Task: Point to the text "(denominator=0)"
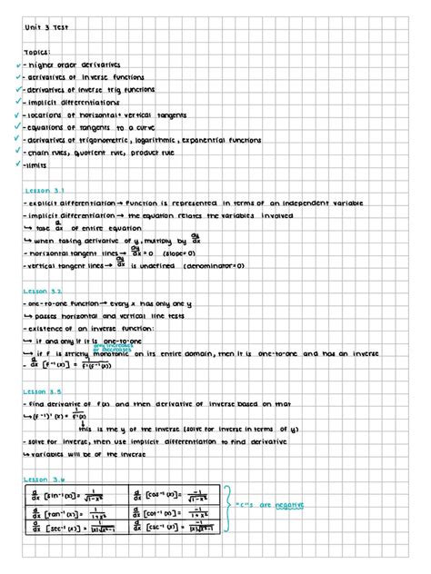[214, 266]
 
